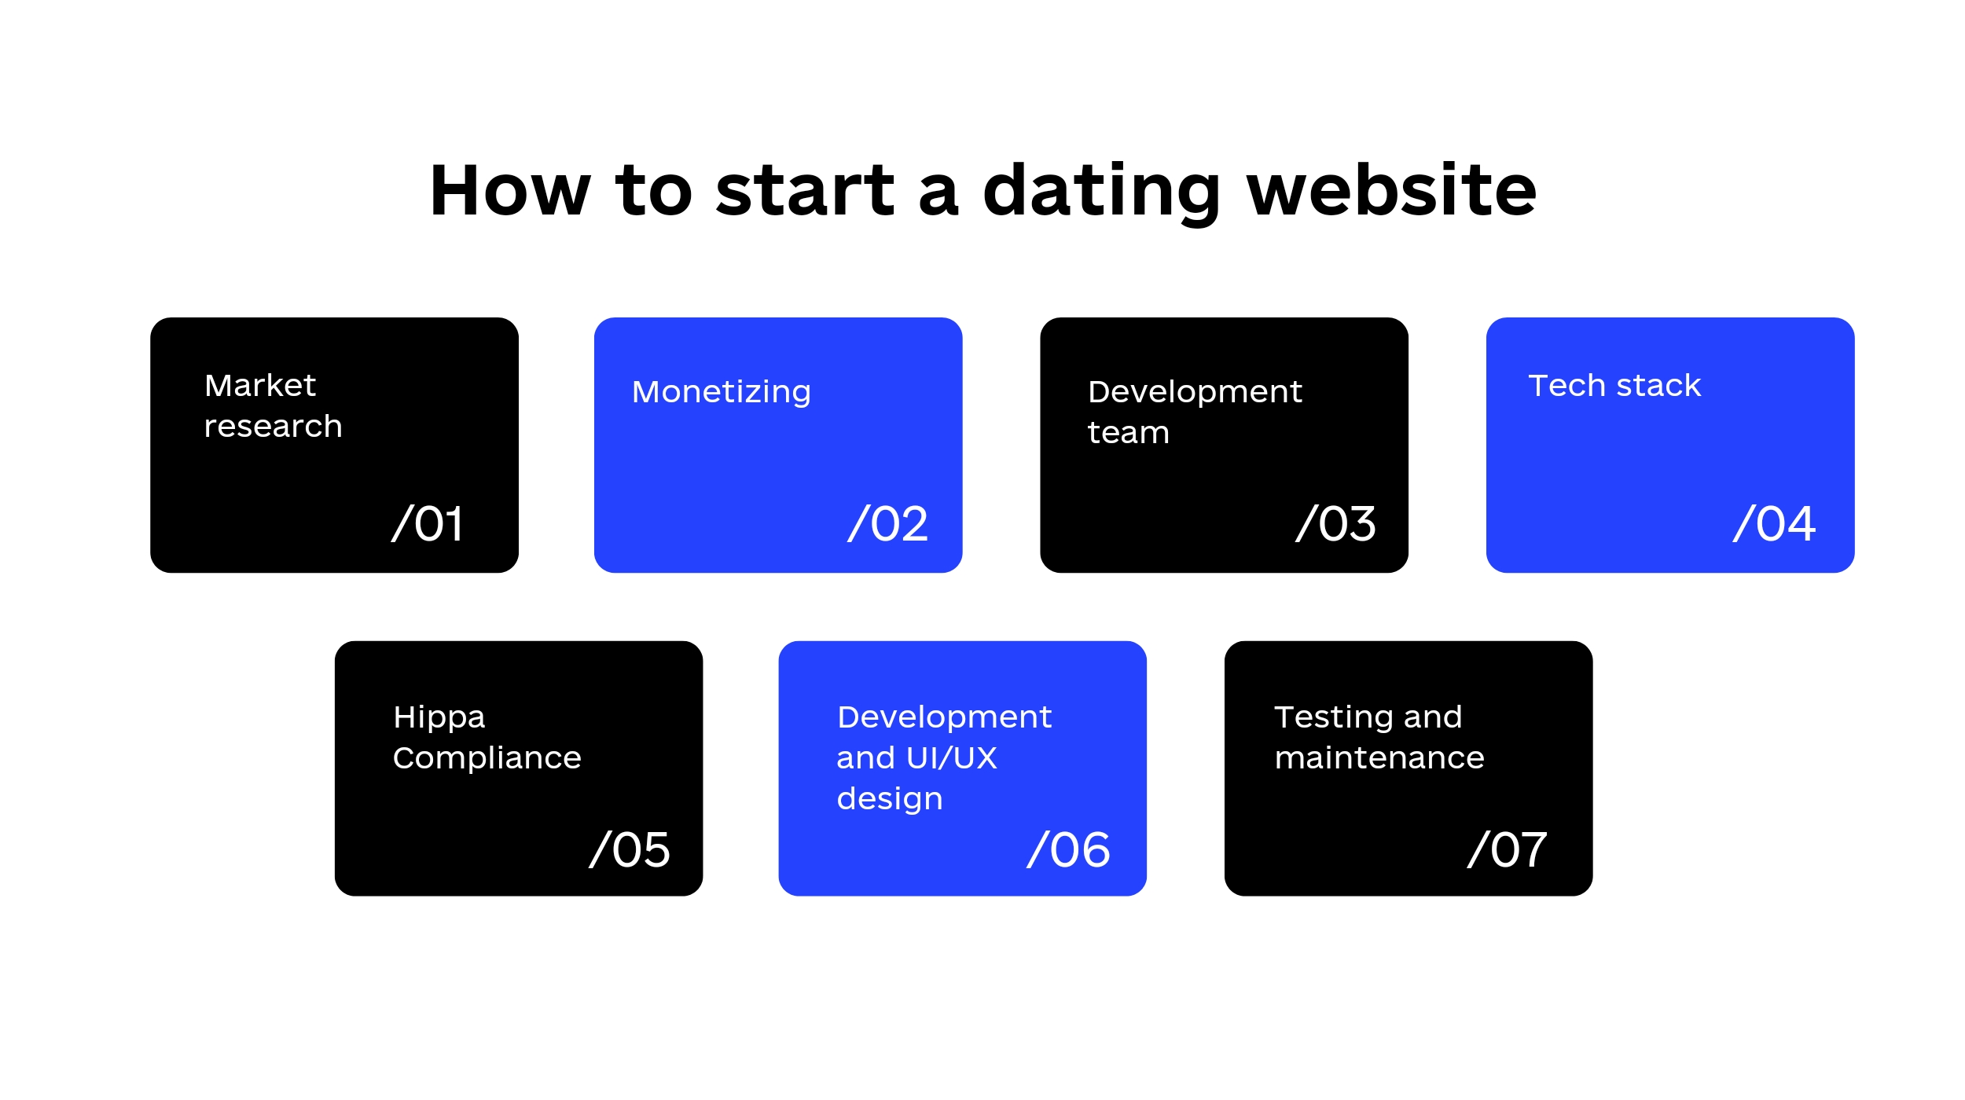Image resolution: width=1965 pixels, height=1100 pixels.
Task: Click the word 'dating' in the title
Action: pos(1102,192)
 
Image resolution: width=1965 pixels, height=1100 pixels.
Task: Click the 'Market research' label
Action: pos(273,405)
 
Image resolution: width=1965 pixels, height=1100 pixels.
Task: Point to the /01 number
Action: pos(428,523)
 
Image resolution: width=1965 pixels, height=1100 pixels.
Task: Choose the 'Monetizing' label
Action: pos(722,392)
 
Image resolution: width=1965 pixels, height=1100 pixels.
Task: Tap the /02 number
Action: pos(888,523)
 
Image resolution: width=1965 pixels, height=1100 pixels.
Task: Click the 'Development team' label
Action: pos(1195,412)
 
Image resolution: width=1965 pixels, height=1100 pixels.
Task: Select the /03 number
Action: pos(1335,523)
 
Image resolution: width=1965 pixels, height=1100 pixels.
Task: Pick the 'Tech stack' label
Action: pos(1614,386)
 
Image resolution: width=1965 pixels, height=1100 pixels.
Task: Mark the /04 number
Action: pos(1774,523)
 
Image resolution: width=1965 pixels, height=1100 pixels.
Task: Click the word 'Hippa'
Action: pos(439,718)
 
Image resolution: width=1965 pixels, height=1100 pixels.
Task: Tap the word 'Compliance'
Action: pos(487,758)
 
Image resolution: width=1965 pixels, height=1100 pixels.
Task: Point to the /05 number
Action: pos(630,849)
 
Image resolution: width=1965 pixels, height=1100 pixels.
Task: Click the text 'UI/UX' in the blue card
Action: pos(952,758)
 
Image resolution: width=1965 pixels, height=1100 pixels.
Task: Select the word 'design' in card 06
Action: pos(890,799)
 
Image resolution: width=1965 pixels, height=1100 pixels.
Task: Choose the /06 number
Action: pos(1069,849)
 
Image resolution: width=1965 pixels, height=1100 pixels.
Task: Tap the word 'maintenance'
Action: pos(1380,758)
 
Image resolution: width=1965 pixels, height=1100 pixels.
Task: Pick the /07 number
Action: pos(1508,849)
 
